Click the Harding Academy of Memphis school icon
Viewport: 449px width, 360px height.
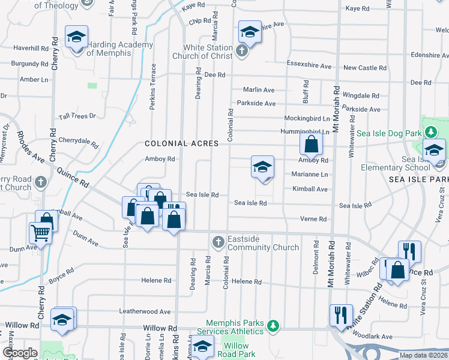pyautogui.click(x=76, y=38)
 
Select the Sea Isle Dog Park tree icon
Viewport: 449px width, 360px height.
pyautogui.click(x=430, y=131)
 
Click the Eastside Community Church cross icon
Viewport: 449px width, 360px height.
pyautogui.click(x=218, y=242)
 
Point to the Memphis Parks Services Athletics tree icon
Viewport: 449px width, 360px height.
pyautogui.click(x=274, y=325)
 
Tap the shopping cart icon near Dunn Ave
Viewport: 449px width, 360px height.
pyautogui.click(x=40, y=232)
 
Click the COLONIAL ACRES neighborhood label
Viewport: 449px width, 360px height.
pyautogui.click(x=181, y=143)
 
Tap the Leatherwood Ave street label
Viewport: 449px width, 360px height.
pyautogui.click(x=145, y=311)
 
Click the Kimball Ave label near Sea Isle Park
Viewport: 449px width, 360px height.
pyautogui.click(x=310, y=189)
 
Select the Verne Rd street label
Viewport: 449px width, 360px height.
pyautogui.click(x=314, y=219)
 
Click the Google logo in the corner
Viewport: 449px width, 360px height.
pyautogui.click(x=20, y=353)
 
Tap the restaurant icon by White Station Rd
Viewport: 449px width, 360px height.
pyautogui.click(x=340, y=314)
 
